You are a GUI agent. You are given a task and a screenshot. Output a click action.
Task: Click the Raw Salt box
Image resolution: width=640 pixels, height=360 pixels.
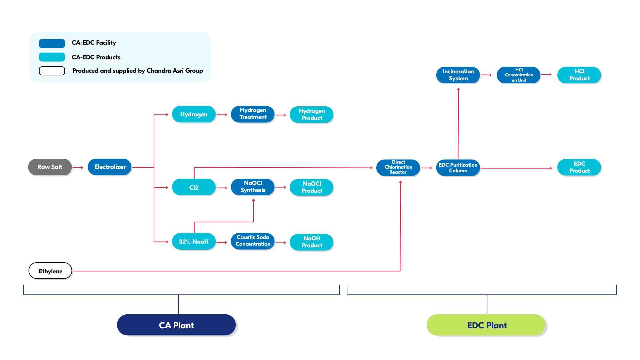click(x=50, y=167)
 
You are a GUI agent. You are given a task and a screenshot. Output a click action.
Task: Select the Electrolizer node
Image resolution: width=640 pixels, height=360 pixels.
click(x=110, y=167)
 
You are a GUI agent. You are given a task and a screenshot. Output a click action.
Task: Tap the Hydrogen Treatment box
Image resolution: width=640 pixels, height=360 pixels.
click(x=253, y=114)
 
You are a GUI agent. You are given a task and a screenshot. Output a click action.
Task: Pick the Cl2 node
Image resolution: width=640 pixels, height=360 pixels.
click(x=194, y=187)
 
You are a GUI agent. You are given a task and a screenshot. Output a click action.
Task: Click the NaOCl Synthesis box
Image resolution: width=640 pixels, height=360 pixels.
click(x=253, y=187)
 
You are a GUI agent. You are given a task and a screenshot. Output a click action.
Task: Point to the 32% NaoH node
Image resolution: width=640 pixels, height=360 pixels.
click(x=194, y=242)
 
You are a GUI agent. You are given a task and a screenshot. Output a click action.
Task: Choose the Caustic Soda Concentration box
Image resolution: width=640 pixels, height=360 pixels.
click(x=253, y=241)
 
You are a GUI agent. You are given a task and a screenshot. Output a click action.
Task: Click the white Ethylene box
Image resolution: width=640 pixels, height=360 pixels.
click(x=50, y=271)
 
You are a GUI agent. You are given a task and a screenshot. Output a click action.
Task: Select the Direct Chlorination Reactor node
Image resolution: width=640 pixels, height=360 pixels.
click(x=398, y=167)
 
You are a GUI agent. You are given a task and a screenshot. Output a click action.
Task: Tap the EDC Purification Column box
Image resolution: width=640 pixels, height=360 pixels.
click(x=458, y=168)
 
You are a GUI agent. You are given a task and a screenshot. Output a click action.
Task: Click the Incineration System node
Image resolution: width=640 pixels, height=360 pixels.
click(x=458, y=75)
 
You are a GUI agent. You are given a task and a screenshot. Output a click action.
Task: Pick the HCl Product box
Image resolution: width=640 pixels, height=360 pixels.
click(x=579, y=75)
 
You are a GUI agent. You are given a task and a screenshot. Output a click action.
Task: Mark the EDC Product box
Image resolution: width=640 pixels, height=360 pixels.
click(x=579, y=167)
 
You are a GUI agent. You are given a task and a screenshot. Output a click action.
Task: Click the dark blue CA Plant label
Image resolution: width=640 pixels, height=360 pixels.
click(x=176, y=325)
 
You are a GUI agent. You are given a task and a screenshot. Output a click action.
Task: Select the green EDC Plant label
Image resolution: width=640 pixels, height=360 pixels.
click(x=486, y=325)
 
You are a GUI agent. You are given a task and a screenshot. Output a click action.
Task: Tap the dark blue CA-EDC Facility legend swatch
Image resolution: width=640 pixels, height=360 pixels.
click(x=52, y=43)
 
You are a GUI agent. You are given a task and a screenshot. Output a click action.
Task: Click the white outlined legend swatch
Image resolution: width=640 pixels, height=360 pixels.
click(x=52, y=71)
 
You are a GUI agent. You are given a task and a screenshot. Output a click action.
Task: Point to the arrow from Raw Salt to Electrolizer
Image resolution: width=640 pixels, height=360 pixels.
click(x=78, y=167)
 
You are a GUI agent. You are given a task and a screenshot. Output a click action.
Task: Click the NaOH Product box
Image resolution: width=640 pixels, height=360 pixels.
click(x=312, y=242)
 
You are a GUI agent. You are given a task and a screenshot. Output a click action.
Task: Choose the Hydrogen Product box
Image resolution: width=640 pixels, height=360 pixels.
click(x=312, y=115)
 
